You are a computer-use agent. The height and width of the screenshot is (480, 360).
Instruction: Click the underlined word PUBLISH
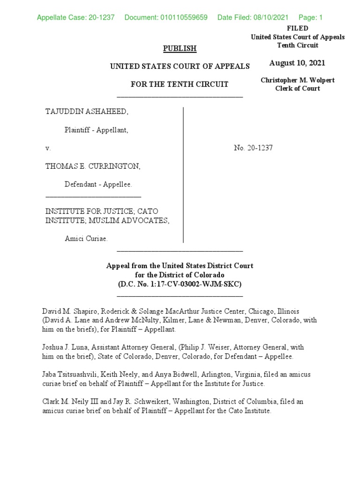tap(180, 48)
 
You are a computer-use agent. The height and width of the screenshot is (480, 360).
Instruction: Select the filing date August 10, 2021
tap(297, 63)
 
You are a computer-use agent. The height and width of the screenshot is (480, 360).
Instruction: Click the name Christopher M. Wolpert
tap(298, 80)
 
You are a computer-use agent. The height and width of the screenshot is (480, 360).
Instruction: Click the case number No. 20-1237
tap(253, 148)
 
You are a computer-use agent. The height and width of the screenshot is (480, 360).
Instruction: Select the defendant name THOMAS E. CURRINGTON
tap(92, 166)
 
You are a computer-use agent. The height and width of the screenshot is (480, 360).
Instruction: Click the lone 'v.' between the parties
tap(48, 148)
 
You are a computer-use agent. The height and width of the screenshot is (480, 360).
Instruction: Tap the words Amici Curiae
tap(86, 239)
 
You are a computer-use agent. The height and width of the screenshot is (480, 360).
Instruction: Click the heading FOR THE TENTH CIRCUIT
tap(179, 84)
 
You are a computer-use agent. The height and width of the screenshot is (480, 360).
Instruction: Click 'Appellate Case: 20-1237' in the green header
tap(75, 18)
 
